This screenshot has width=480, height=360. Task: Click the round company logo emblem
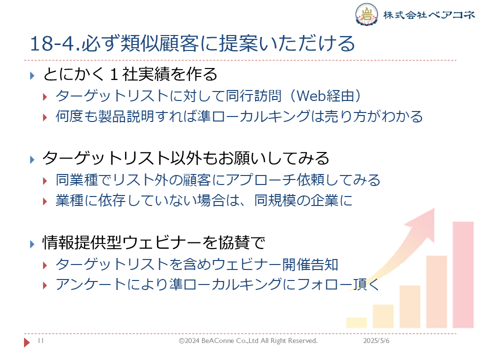[366, 14]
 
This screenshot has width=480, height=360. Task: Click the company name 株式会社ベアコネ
[429, 14]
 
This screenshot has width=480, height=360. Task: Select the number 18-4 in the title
[52, 43]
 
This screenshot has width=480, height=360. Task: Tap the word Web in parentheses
[311, 96]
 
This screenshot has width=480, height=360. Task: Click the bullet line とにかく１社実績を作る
[130, 74]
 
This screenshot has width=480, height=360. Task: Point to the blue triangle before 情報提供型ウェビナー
[32, 244]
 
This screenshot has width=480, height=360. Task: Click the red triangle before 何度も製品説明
[45, 117]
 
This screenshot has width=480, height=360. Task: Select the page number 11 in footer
[40, 340]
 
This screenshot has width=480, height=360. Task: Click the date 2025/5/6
[376, 340]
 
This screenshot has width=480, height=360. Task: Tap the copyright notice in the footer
[248, 340]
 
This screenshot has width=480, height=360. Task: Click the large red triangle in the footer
[27, 342]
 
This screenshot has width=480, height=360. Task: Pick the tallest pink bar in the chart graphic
[463, 274]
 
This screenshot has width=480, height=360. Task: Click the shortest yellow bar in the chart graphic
[356, 322]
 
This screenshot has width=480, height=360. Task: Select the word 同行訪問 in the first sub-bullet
[253, 96]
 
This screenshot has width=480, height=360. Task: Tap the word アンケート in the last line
[91, 284]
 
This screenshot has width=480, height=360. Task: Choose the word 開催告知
[310, 264]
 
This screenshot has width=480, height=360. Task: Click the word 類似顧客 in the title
[159, 43]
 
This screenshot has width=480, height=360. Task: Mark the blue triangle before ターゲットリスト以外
[32, 159]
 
